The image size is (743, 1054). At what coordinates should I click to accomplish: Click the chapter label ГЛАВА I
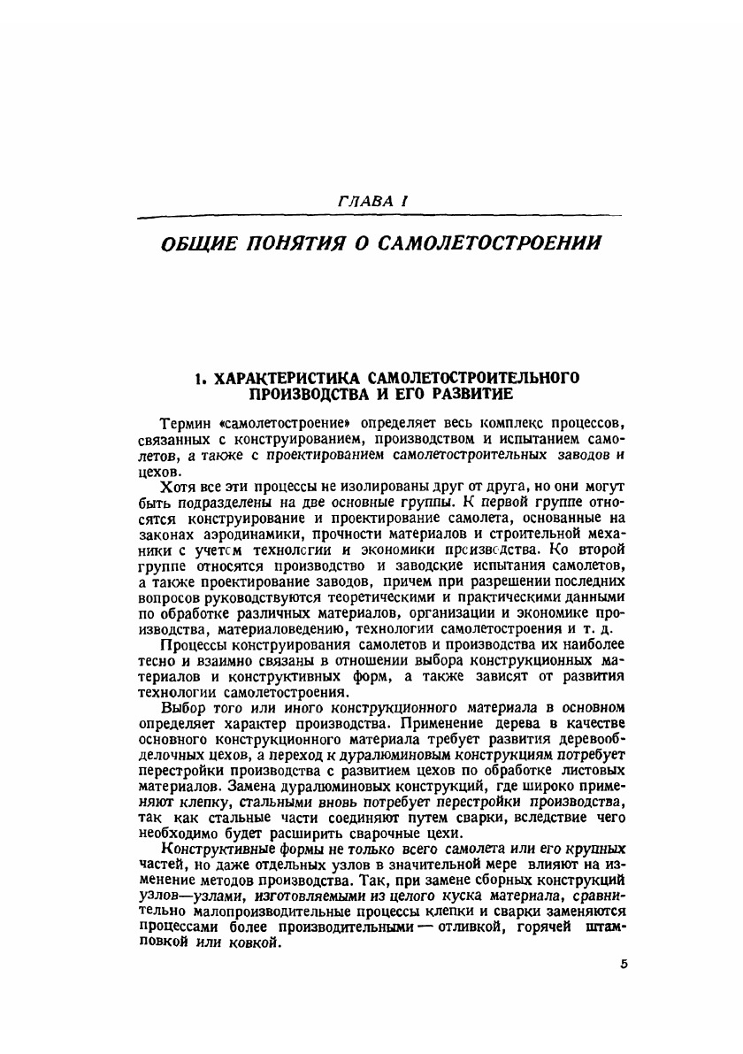(371, 203)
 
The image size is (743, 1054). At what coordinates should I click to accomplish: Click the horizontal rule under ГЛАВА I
(371, 217)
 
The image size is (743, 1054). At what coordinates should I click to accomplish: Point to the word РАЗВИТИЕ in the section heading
(471, 394)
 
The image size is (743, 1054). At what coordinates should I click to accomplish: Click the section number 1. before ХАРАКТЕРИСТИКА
(201, 379)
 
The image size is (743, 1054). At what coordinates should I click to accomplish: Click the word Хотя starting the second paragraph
(177, 488)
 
